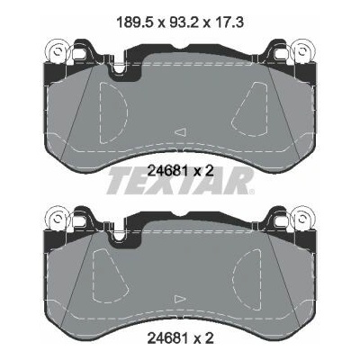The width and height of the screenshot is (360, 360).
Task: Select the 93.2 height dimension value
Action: point(183,22)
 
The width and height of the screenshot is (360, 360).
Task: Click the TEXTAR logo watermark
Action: point(181,181)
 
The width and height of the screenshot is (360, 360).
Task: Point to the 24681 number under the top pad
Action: point(168,171)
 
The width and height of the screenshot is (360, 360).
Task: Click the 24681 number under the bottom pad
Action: point(168,338)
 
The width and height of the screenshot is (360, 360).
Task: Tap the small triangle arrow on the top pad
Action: point(181,132)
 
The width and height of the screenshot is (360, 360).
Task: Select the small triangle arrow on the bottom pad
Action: point(181,299)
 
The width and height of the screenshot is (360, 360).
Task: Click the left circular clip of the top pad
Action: point(57,51)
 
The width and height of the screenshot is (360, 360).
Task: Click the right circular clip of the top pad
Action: point(303,51)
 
